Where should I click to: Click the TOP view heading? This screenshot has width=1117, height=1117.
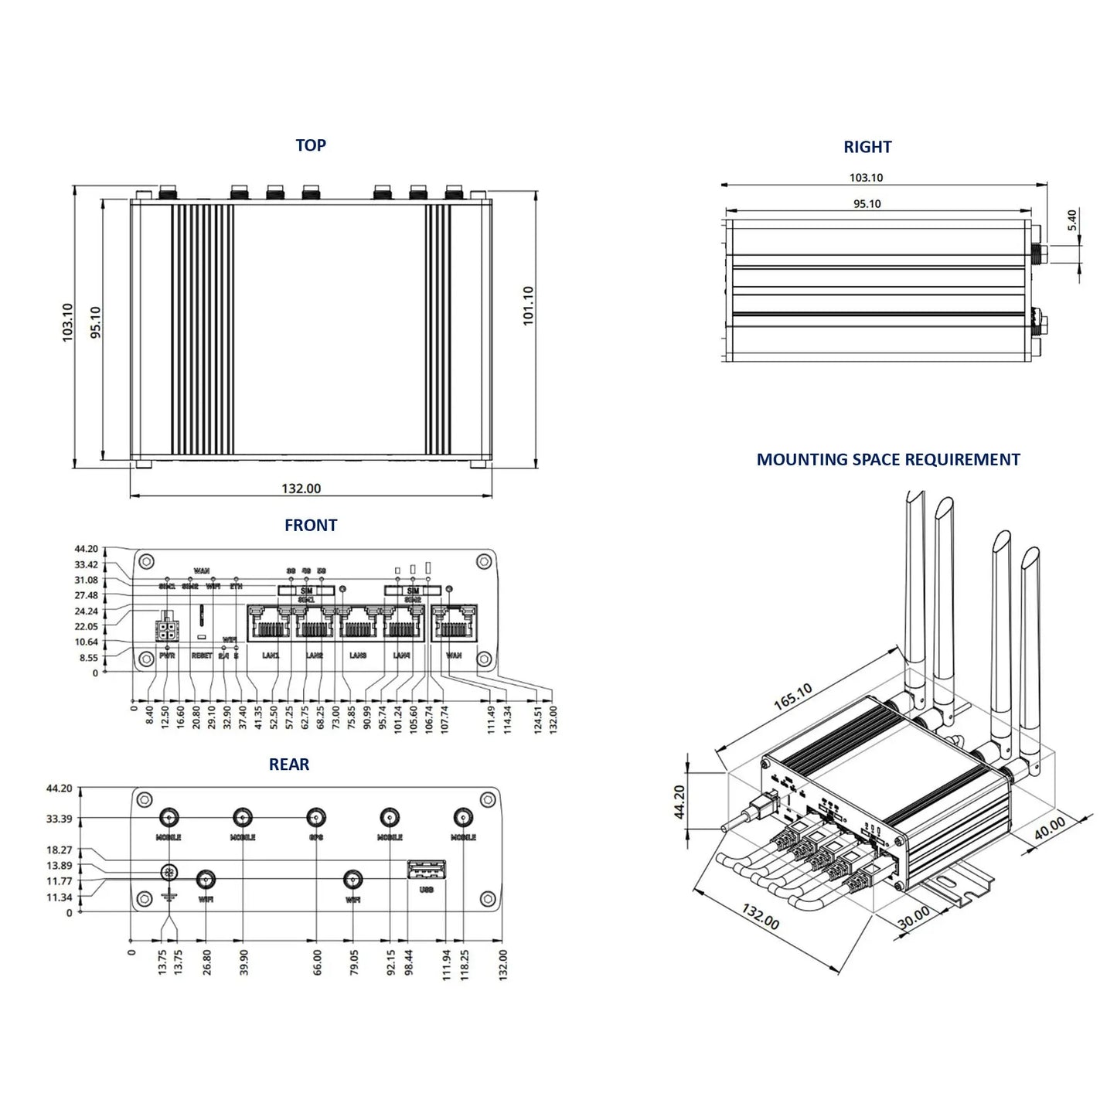[x=311, y=145]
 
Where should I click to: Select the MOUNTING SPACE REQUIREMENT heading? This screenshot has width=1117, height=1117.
[x=887, y=460]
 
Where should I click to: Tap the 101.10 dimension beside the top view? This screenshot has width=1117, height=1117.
[x=529, y=306]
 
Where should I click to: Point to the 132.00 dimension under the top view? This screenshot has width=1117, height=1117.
[x=301, y=489]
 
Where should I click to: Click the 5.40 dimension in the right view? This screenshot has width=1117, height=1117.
[x=1071, y=220]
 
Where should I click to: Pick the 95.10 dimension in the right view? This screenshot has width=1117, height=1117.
[x=867, y=204]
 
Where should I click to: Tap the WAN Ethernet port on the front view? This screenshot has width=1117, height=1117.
[x=454, y=623]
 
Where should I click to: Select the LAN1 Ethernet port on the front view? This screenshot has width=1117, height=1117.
[x=269, y=623]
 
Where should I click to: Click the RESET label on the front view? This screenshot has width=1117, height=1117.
[x=202, y=656]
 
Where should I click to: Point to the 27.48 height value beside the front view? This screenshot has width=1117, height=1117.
[x=87, y=596]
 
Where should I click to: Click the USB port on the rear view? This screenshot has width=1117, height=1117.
[x=426, y=870]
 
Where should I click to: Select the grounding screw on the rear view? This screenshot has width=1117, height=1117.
[x=168, y=873]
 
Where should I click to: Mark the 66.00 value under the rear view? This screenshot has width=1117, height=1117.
[x=317, y=962]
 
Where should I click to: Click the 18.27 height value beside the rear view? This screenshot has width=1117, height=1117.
[x=60, y=850]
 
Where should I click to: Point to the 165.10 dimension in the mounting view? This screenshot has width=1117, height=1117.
[x=792, y=698]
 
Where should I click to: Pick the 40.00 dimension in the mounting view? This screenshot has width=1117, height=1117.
[x=1050, y=829]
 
